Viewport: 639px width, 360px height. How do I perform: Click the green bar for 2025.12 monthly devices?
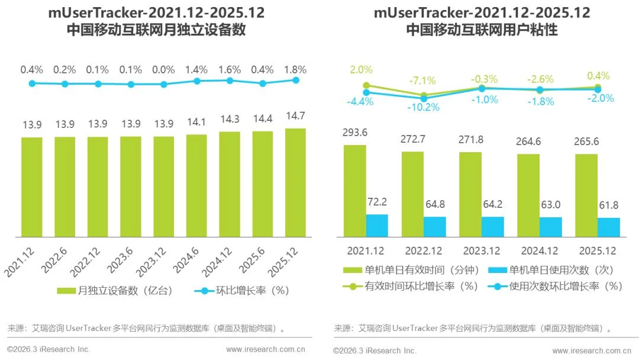coord(295,183)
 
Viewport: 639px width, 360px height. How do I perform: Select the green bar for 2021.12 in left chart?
coord(32,187)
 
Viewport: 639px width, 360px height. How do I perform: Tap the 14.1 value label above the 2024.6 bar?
coord(196,123)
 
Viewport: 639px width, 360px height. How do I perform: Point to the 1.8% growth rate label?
coord(295,69)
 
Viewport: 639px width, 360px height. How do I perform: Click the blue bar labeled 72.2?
coord(377,226)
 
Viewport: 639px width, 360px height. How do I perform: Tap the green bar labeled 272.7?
coord(412,194)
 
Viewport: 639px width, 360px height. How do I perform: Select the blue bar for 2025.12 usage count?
coord(609,227)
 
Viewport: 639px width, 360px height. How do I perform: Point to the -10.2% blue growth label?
coord(424,107)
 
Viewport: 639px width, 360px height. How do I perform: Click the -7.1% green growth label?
coord(422,81)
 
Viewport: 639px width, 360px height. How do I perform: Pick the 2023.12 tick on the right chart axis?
coord(482,250)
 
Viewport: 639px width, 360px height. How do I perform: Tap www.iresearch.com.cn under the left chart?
coord(265,349)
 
